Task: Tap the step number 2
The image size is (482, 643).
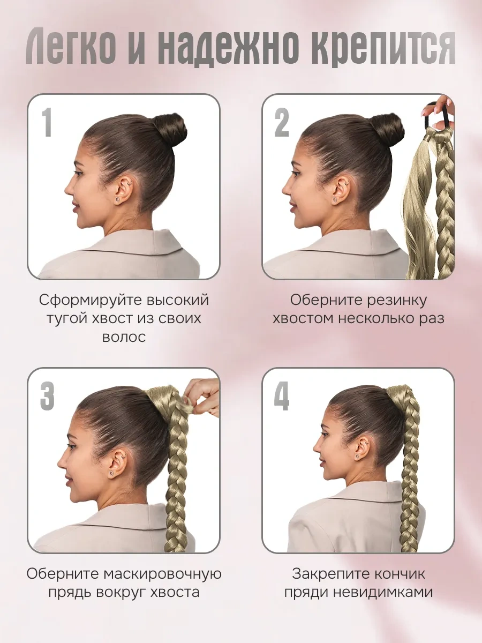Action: click(282, 123)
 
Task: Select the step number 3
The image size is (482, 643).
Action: click(48, 397)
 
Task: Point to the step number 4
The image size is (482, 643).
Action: click(282, 397)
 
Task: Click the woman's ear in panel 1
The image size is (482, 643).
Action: click(123, 191)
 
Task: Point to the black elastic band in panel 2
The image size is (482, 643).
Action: click(439, 117)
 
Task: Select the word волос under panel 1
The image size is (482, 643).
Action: click(124, 337)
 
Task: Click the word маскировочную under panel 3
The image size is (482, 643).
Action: click(163, 574)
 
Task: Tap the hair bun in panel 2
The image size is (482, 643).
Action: click(388, 130)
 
